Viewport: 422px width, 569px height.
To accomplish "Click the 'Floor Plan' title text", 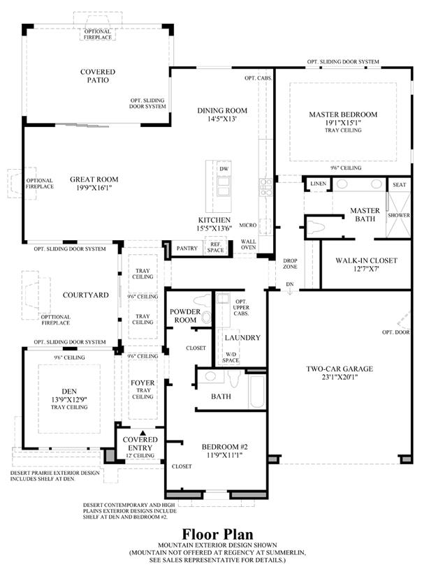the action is [217, 534].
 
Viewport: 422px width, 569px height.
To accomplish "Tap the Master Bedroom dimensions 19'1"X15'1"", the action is [343, 123].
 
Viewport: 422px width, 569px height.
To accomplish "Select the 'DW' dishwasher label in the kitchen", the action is [224, 169].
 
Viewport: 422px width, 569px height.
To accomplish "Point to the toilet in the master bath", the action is [315, 228].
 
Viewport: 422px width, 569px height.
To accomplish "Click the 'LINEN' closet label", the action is [318, 184].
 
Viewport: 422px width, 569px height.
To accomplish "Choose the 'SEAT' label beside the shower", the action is [399, 185].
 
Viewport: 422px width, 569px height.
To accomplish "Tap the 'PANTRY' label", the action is [187, 249].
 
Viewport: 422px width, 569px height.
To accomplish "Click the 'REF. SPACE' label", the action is [215, 247].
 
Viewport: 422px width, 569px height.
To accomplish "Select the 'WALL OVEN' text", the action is [249, 244].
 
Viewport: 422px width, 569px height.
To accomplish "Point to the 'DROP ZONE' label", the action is [290, 263].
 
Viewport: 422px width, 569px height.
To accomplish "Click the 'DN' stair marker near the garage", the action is [289, 284].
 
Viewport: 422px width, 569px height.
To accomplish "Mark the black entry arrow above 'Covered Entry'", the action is [143, 433].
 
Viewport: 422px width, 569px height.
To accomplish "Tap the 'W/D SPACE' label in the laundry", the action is [231, 357].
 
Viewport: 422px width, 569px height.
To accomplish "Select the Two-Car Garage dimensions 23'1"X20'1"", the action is [340, 377].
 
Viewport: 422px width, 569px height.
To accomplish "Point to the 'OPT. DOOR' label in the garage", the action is [396, 332].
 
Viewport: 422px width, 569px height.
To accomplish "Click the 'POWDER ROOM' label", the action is [185, 316].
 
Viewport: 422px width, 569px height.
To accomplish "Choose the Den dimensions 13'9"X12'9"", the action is [69, 399].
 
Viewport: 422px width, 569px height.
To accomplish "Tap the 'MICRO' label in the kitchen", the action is [248, 226].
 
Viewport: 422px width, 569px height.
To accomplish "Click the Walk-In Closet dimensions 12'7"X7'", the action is [366, 269].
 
